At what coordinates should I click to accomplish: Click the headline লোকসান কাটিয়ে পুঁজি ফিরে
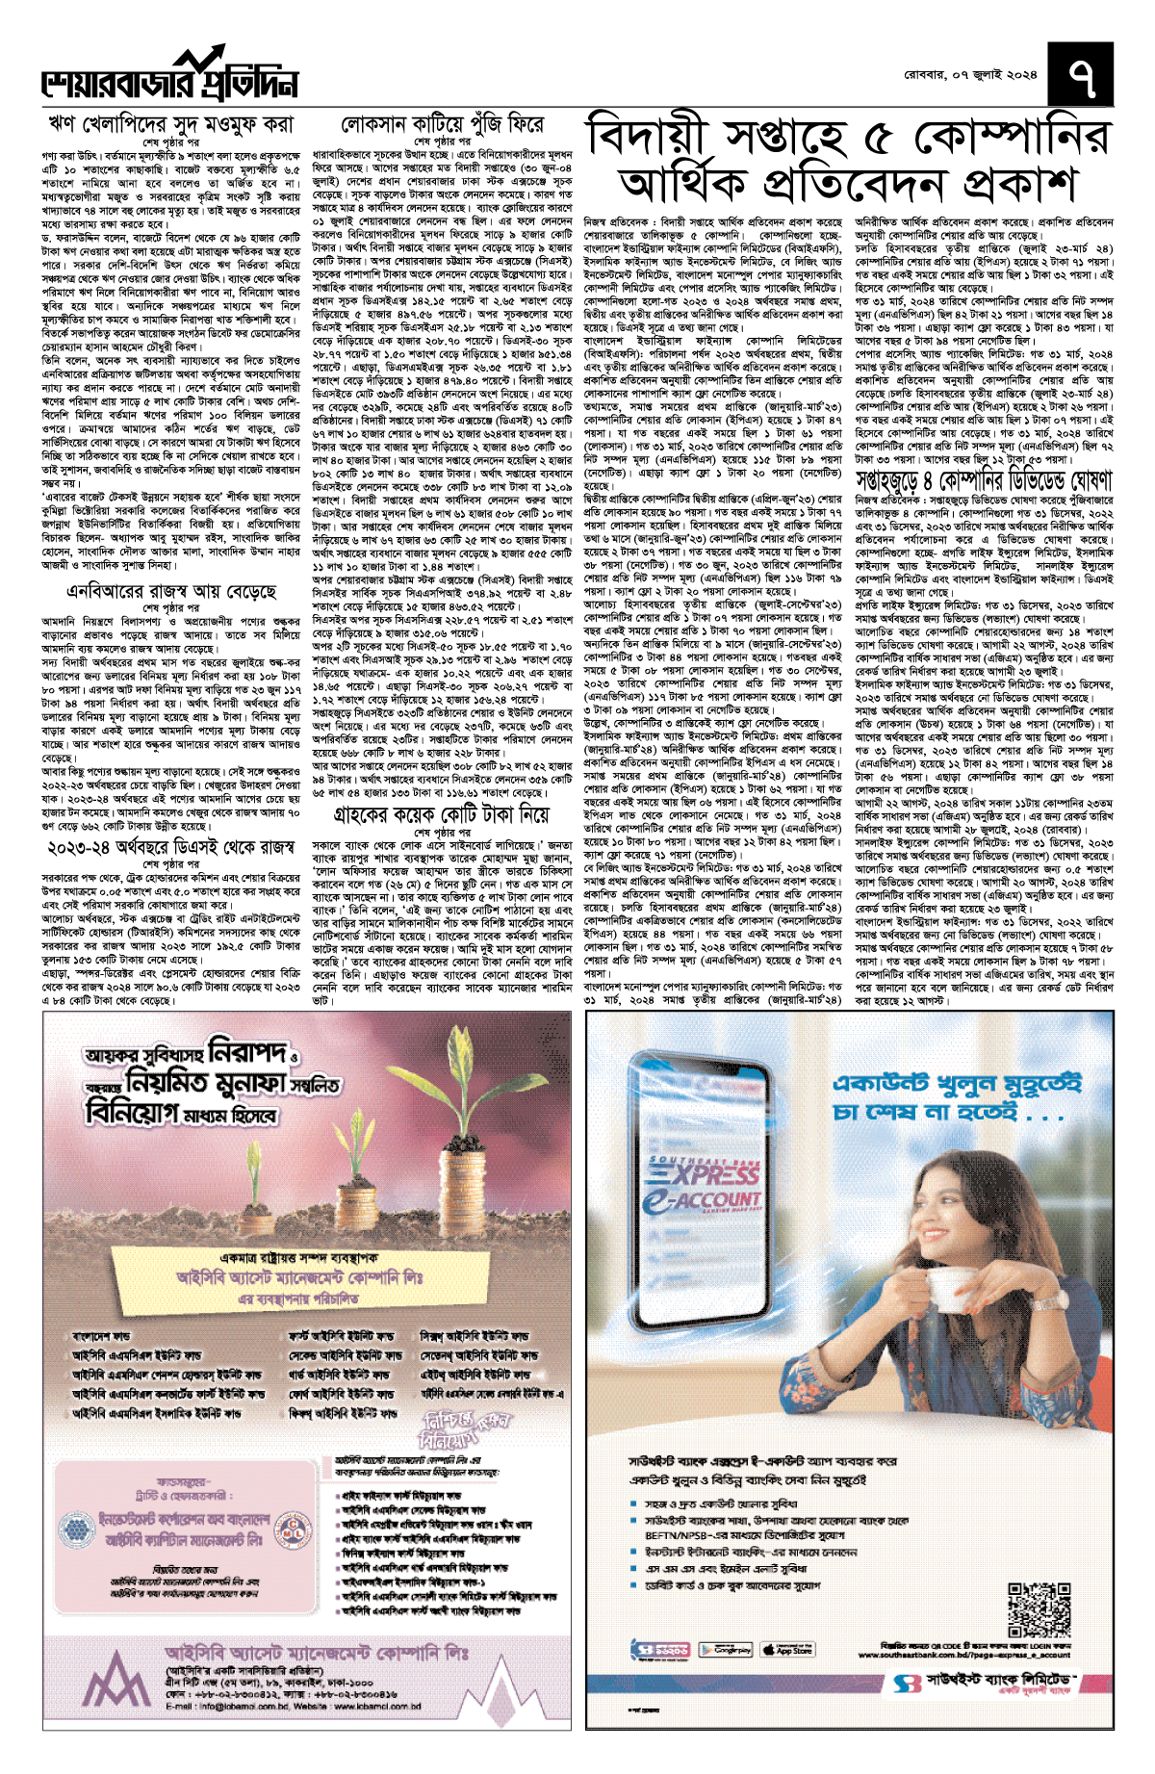[443, 125]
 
